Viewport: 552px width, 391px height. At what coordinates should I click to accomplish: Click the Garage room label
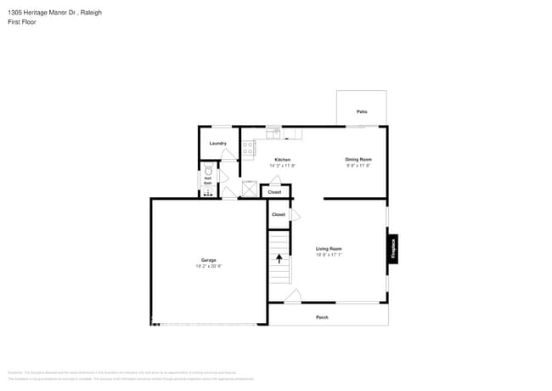point(208,260)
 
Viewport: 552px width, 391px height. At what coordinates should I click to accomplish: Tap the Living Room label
point(329,248)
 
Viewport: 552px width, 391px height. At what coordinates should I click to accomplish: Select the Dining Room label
point(358,159)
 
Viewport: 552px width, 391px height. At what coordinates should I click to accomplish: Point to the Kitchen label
point(282,160)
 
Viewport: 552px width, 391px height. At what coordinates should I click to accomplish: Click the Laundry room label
point(217,143)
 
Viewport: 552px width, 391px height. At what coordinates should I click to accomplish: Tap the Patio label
point(362,111)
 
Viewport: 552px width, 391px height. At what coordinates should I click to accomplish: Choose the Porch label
point(322,317)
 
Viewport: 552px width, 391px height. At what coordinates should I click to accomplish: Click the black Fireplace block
point(393,249)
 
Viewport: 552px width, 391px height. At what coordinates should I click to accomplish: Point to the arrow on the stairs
point(279,258)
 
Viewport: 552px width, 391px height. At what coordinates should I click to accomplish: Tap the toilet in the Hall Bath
point(208,170)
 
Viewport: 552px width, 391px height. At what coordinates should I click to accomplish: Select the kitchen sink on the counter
point(273,133)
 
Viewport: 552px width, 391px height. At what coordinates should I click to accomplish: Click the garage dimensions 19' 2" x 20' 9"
point(208,266)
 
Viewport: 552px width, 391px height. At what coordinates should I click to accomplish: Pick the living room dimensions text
point(329,254)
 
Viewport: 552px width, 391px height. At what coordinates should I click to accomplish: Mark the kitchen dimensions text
point(282,166)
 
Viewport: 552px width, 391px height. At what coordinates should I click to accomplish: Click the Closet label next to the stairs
point(279,214)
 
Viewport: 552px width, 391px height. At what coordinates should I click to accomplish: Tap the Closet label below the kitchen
point(274,192)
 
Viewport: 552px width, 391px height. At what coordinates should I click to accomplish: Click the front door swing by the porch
point(292,296)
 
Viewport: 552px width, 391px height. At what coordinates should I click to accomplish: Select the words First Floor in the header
point(21,22)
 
